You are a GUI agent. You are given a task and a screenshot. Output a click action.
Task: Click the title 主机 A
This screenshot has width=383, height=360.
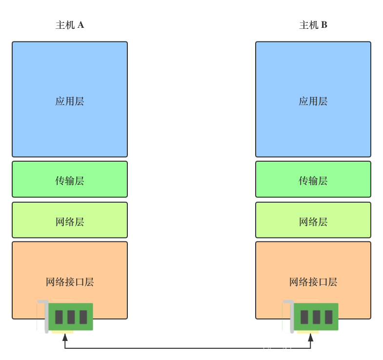point(70,25)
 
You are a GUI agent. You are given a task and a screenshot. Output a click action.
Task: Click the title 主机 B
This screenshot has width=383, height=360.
point(313,25)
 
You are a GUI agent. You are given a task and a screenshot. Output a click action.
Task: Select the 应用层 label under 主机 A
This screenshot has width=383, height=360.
point(70,102)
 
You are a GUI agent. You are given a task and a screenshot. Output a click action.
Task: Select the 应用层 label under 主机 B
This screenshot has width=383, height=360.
point(313,102)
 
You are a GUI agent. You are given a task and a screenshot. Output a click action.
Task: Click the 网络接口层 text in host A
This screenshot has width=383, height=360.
point(70,282)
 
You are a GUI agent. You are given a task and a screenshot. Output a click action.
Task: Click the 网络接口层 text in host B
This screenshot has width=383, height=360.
point(313,282)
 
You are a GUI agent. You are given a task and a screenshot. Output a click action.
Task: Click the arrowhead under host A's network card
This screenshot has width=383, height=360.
point(65,338)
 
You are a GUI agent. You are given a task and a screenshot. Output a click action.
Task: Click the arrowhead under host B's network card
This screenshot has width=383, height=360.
point(310,338)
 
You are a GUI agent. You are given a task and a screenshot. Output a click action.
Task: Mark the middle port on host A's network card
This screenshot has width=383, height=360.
point(71,317)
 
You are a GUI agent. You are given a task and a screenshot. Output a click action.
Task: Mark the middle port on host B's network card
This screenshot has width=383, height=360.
point(317,317)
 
